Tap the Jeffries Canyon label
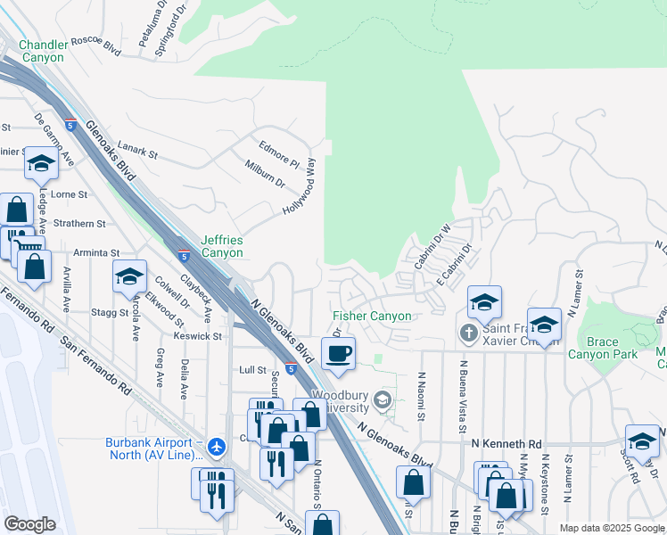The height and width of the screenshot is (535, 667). (221, 246)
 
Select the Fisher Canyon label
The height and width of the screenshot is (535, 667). (372, 316)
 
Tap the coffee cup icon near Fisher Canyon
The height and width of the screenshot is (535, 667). (338, 354)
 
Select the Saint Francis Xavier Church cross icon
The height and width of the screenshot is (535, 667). (468, 333)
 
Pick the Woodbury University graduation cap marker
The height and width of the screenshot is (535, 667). (383, 400)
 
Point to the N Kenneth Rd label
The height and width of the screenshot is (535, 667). (506, 443)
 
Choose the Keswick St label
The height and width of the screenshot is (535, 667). (199, 336)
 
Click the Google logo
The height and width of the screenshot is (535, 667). (29, 524)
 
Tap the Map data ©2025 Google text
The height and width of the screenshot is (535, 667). (611, 529)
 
